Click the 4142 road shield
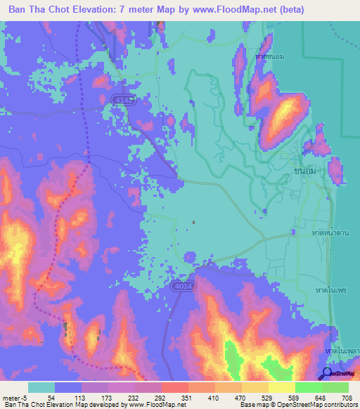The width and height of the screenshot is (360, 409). coord(120,101)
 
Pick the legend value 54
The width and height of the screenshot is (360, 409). coord(51,398)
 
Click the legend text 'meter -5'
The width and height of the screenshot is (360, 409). coord(13,398)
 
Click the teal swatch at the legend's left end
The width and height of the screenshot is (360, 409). coord(41,387)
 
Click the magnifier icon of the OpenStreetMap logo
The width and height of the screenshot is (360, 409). coord(326,372)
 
